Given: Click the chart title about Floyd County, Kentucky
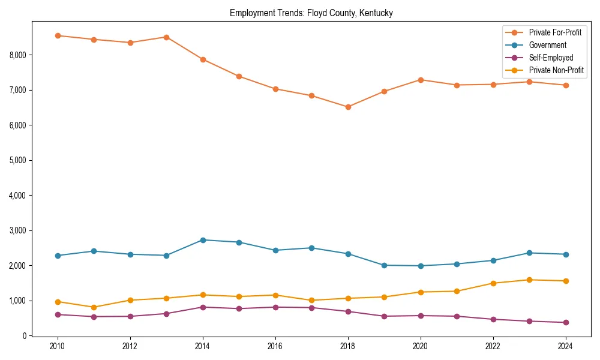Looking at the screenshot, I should pyautogui.click(x=311, y=13).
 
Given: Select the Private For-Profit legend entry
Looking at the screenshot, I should pyautogui.click(x=555, y=32).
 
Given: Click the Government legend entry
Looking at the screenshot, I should pyautogui.click(x=547, y=45).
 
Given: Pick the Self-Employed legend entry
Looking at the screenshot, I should pyautogui.click(x=551, y=58).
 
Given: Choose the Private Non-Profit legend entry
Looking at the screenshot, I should pyautogui.click(x=556, y=70).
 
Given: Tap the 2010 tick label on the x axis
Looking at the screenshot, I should pyautogui.click(x=58, y=346).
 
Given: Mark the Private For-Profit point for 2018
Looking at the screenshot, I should pyautogui.click(x=348, y=107).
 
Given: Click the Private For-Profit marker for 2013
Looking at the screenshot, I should pyautogui.click(x=166, y=37).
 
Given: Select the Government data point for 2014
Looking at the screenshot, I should pyautogui.click(x=203, y=240).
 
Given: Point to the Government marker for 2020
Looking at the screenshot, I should pyautogui.click(x=421, y=266).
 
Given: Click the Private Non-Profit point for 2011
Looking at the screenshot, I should pyautogui.click(x=94, y=307).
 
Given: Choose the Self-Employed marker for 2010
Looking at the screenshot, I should pyautogui.click(x=58, y=314).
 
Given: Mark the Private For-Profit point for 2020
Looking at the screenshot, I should pyautogui.click(x=421, y=80).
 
